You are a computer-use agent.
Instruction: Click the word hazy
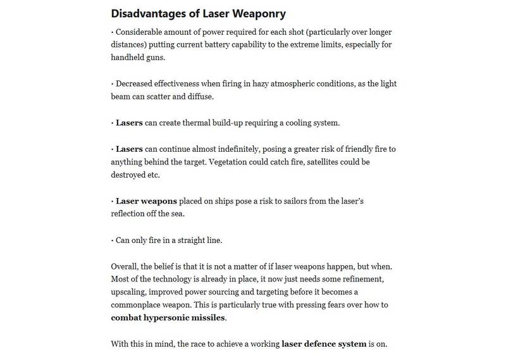coord(271,84)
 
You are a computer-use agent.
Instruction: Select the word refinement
coord(362,280)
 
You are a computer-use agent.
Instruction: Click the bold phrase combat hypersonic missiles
coord(168,317)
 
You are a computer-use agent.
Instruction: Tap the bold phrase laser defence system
coord(324,344)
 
